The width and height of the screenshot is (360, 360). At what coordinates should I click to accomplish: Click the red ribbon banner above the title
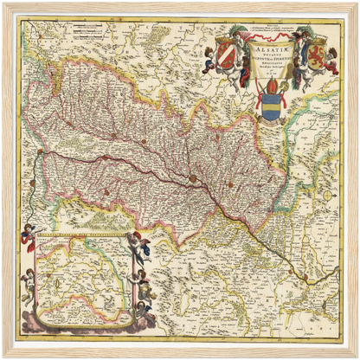click(x=268, y=35)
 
